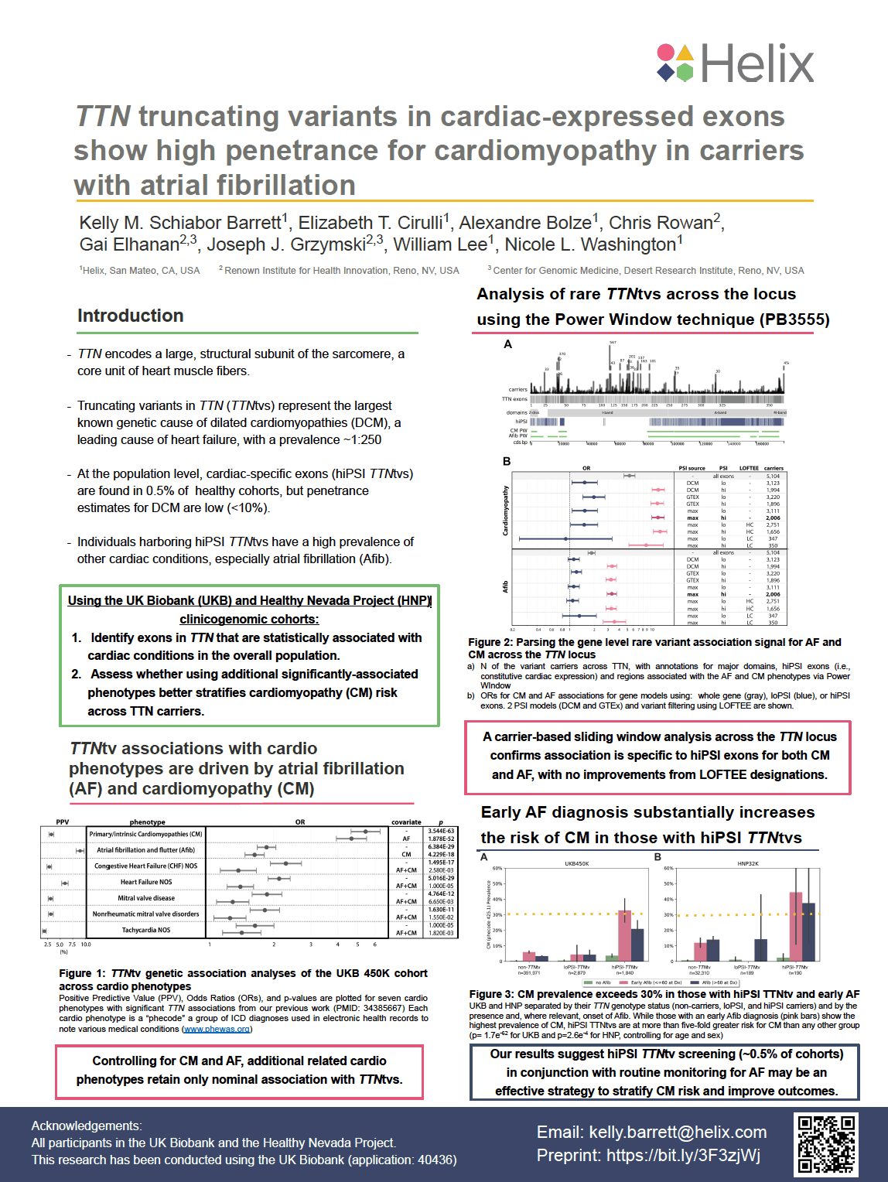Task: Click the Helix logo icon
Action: (675, 63)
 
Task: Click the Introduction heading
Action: (131, 316)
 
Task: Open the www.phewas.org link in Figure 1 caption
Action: (217, 1029)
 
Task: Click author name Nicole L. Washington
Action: (593, 244)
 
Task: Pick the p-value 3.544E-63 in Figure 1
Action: (441, 831)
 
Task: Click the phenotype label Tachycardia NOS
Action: (145, 930)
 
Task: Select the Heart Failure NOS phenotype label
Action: (146, 882)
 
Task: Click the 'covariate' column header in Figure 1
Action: (406, 822)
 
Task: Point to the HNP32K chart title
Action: (748, 863)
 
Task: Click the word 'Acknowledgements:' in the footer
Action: (87, 1126)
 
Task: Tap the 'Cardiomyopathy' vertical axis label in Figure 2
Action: (506, 511)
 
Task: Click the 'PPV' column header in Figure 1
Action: (63, 822)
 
